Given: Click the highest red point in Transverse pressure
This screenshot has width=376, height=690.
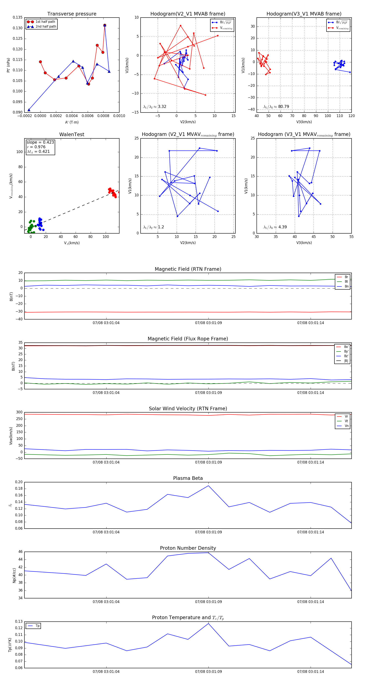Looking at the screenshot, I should (x=105, y=25).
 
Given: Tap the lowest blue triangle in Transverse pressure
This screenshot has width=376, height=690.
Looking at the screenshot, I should (x=29, y=110).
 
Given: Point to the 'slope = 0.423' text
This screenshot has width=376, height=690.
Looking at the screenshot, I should (x=40, y=142).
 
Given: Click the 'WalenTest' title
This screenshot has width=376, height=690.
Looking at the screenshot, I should (x=72, y=134).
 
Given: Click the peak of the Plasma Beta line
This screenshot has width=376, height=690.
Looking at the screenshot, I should (x=208, y=486).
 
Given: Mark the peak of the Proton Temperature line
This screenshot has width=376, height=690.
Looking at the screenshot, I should (x=208, y=623).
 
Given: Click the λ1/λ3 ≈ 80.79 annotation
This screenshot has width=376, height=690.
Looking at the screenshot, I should (x=276, y=107).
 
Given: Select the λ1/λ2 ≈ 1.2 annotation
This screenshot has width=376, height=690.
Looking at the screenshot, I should (x=154, y=227).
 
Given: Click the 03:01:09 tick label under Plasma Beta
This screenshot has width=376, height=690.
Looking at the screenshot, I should (x=208, y=532).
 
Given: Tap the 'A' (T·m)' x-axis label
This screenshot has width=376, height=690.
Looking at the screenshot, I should (x=72, y=122).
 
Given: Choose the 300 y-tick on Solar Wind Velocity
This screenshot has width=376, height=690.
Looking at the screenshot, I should (x=19, y=412).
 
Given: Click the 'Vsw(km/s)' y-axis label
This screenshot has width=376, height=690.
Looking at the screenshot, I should (x=11, y=436).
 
